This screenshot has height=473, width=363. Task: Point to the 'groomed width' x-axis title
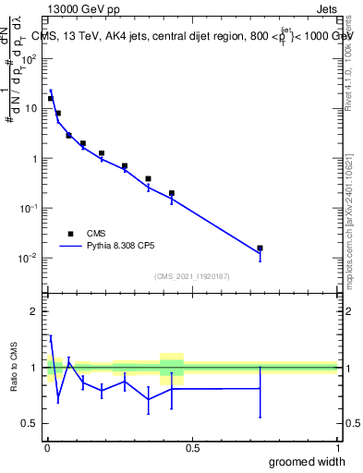308,461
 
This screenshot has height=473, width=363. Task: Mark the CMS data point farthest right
260,248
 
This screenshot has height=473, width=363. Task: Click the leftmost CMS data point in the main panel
51,98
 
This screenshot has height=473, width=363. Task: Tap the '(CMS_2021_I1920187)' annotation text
191,276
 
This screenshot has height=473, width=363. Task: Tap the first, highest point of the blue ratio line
51,338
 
